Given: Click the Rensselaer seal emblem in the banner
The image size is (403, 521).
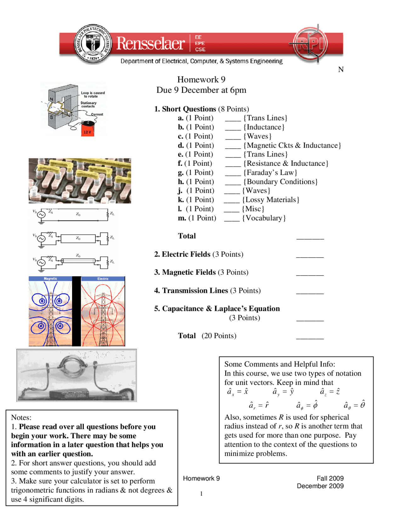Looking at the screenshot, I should coord(93,44).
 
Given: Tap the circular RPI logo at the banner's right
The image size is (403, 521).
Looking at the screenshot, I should coord(310,43).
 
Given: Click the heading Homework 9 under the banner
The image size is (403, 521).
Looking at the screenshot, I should coord(201,79).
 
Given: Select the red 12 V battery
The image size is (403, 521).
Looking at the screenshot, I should coord(88,129).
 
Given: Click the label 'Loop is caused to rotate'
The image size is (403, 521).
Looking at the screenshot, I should coord(93,94).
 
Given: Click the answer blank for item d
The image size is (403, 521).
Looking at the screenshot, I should coord(233,146).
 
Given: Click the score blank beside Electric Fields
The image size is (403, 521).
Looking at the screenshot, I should coord(310,255).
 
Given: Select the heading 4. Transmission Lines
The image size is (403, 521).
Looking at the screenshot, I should coord(191,290).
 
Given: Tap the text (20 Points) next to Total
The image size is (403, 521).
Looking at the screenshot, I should coord(219,336).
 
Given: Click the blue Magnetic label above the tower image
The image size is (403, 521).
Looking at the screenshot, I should coord(50,279).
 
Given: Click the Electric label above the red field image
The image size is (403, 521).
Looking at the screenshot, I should coord(103,279).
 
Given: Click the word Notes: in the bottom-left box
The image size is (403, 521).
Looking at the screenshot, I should coord(21,417).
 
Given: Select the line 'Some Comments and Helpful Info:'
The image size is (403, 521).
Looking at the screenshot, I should coord(280,364).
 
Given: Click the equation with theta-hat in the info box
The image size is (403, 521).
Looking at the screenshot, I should coord(355,405).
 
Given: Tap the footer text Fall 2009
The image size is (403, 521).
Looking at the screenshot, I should coord(330,478).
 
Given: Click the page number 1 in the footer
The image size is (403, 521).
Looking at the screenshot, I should coord(201,494).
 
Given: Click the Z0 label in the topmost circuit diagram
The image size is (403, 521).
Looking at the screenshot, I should coord(78,214).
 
